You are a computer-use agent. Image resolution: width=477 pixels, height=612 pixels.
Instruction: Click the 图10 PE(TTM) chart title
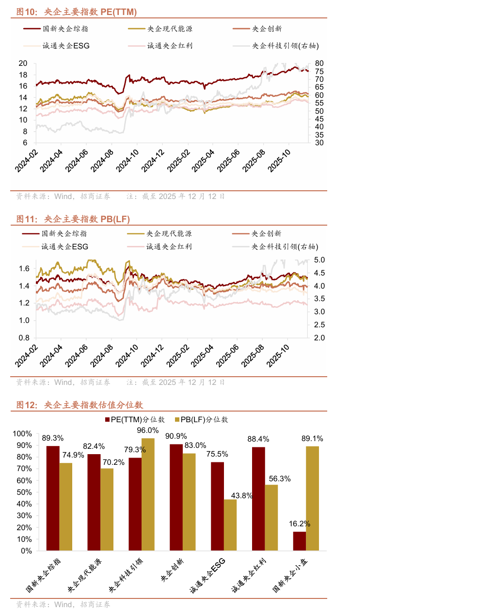[x=77, y=12]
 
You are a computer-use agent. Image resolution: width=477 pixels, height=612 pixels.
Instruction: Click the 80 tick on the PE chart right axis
[x=319, y=63]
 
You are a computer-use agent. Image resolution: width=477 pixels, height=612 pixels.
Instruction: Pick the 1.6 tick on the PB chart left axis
[x=24, y=269]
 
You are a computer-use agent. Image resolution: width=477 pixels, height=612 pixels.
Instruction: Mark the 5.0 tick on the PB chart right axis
[x=319, y=260]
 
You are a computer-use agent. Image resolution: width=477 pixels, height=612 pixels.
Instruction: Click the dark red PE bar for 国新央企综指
[x=53, y=498]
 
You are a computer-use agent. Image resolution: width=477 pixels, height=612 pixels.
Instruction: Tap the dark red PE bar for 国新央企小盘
[x=300, y=541]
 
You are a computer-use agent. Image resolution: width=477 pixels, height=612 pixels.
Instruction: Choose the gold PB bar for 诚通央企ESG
[x=230, y=525]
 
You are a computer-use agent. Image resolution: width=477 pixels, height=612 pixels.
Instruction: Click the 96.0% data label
[x=148, y=430]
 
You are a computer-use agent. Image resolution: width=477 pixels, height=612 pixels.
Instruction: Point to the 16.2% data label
[x=300, y=524]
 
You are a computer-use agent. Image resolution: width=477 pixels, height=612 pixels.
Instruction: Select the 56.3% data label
[x=280, y=479]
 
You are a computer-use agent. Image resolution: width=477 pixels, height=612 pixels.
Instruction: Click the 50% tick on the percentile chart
[x=22, y=492]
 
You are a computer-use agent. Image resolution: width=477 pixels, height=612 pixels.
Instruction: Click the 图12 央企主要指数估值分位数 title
[x=79, y=405]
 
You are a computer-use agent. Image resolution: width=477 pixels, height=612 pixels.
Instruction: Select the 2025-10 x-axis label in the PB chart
[x=278, y=356]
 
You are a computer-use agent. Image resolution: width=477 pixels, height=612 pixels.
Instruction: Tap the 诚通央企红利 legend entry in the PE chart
[x=170, y=46]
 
